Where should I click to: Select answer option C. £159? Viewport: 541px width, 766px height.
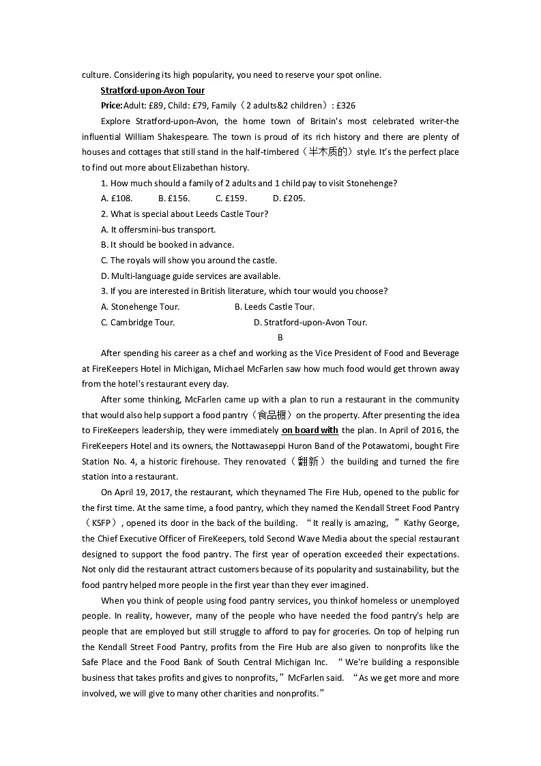(x=231, y=198)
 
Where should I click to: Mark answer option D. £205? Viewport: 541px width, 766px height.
(x=289, y=198)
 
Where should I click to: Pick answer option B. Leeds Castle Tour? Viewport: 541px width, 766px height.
(x=274, y=307)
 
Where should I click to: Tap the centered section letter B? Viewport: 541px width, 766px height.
(x=280, y=338)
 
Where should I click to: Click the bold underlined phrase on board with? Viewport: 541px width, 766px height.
(x=310, y=430)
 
